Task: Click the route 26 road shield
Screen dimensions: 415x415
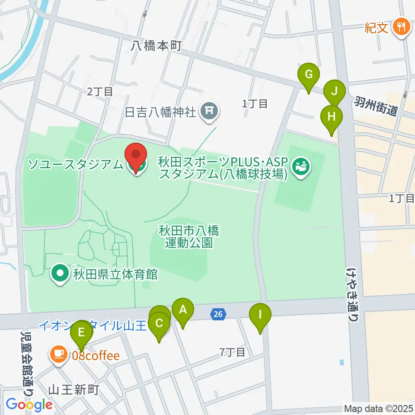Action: click(x=218, y=315)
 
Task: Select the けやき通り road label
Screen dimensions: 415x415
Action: click(x=352, y=294)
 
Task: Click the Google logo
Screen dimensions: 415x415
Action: click(x=29, y=405)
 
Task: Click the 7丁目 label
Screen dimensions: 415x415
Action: click(x=232, y=352)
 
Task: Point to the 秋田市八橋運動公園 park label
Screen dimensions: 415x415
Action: click(x=189, y=236)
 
